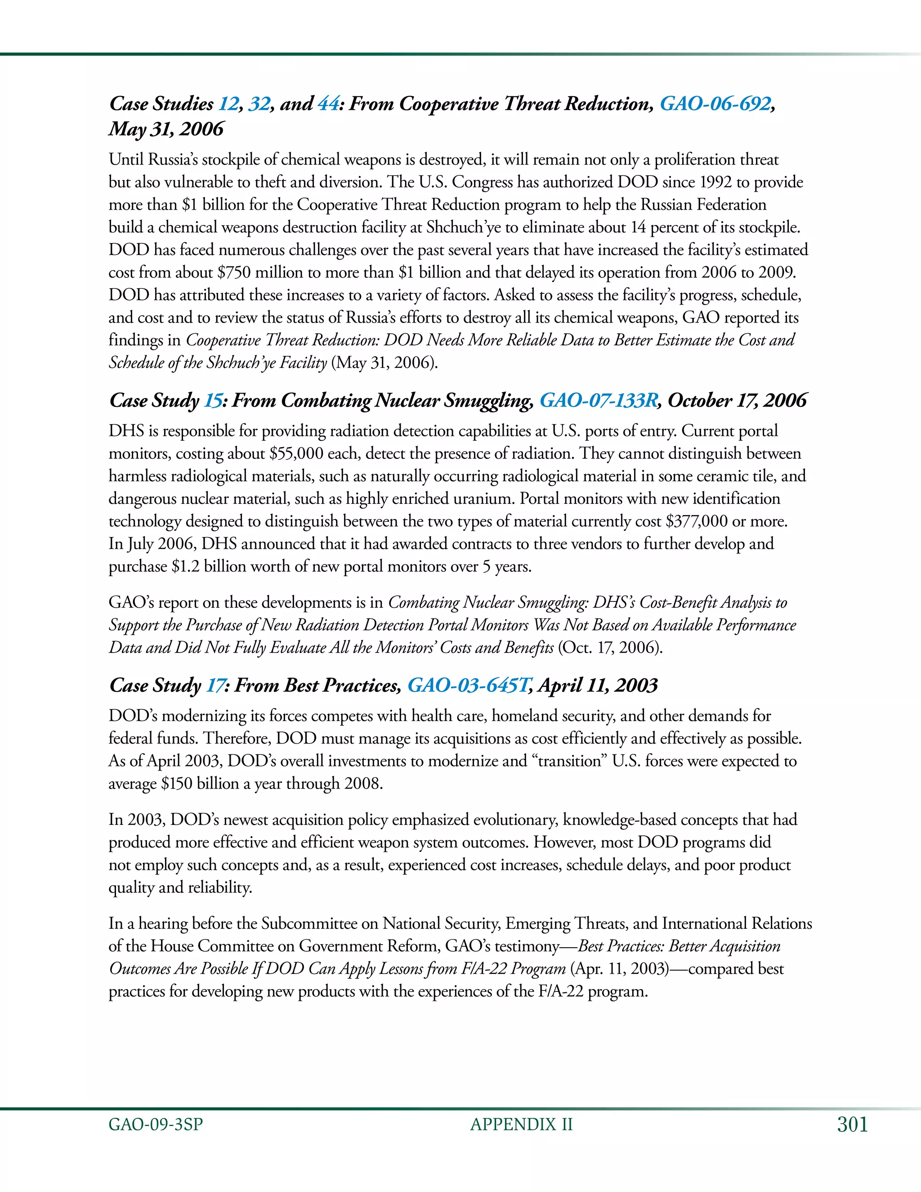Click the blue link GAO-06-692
715,104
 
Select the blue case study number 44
328,104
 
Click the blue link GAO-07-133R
599,401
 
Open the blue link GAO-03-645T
467,685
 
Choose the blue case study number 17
215,685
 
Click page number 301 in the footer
852,1125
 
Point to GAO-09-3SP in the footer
156,1125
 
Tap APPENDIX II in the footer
521,1125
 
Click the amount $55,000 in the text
296,453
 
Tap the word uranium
484,499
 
